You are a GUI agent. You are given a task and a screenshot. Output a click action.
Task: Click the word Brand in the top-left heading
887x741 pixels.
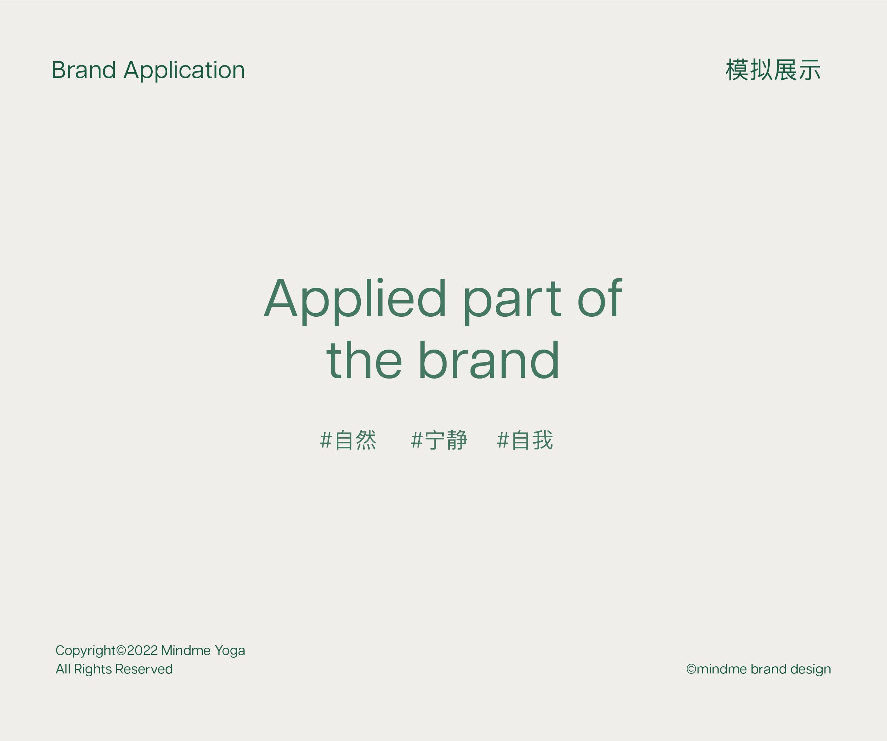[x=84, y=70]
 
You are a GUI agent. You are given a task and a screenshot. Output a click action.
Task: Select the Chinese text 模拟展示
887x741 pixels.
[x=773, y=70]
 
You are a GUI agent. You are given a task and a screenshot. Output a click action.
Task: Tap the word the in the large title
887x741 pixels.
[x=364, y=360]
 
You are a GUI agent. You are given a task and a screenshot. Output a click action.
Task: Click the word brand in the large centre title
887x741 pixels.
[x=489, y=360]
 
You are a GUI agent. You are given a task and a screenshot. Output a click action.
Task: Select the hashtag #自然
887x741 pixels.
[x=348, y=440]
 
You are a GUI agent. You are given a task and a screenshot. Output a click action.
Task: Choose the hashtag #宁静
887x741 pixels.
[x=439, y=440]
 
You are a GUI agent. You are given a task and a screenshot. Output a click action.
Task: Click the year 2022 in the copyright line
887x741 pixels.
[x=142, y=650]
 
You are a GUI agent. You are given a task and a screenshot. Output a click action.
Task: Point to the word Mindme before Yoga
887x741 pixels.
[x=186, y=650]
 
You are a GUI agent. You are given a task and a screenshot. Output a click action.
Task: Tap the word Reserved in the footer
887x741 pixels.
[x=144, y=669]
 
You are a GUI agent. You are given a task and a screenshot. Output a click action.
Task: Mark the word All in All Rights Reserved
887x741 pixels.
[x=63, y=669]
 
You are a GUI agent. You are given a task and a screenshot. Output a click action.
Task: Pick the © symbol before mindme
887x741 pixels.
[x=691, y=669]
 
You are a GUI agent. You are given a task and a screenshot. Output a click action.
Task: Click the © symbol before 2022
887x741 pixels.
[x=121, y=650]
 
